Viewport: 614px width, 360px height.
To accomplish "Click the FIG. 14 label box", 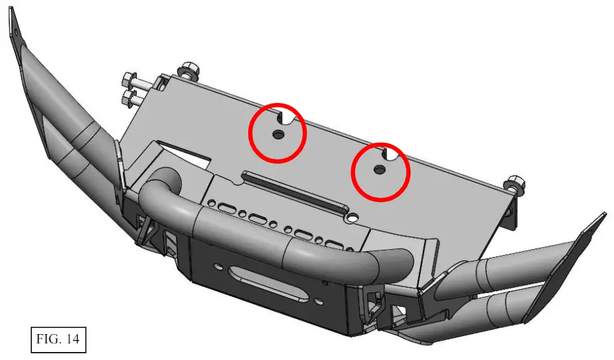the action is click(x=58, y=339).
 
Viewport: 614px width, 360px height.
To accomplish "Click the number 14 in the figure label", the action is click(x=72, y=339).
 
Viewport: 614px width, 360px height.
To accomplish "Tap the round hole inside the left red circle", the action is click(x=278, y=134).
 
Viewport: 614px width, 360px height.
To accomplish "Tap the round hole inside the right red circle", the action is click(x=379, y=169).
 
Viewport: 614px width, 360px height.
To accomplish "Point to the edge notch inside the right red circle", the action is click(x=390, y=154).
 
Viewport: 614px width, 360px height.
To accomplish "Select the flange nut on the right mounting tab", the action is click(x=516, y=185).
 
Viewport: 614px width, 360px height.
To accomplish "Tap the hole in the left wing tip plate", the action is click(x=16, y=32).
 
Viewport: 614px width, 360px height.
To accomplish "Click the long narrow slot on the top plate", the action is click(x=295, y=192).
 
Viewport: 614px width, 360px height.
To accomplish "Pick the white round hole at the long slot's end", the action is click(x=352, y=217).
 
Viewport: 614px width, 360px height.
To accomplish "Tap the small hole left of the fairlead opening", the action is click(x=217, y=266).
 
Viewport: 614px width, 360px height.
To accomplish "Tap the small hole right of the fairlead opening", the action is click(x=320, y=302).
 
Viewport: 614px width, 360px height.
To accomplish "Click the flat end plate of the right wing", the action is click(x=568, y=266).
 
